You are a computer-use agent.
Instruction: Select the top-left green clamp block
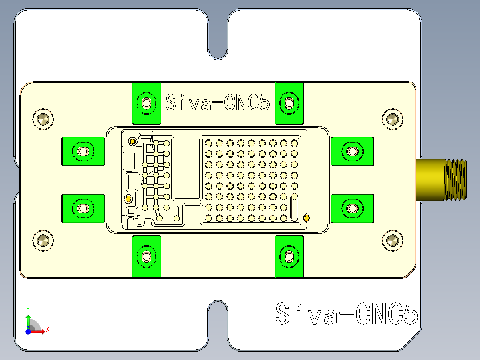(x=146, y=103)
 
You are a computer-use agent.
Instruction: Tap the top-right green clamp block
(x=289, y=103)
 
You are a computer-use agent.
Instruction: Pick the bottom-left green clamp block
(x=146, y=257)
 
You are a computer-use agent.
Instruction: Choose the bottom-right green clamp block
(x=289, y=257)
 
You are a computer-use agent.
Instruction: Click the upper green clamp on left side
(x=83, y=151)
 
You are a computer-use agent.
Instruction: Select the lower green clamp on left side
(x=83, y=208)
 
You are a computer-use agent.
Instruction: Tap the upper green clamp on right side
(x=352, y=151)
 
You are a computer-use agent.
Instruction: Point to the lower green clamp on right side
(x=352, y=208)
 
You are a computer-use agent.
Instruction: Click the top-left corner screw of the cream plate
(x=43, y=119)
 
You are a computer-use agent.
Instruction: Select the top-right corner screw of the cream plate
(x=392, y=119)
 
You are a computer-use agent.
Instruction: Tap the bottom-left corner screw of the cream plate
(x=43, y=241)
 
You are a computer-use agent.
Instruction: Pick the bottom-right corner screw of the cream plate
(x=392, y=241)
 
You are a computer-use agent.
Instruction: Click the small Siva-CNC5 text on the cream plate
(x=217, y=103)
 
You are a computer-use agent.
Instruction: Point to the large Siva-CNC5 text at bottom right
(x=346, y=314)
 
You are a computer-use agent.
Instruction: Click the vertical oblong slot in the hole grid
(x=294, y=207)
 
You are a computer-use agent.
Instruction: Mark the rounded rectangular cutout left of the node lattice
(x=129, y=161)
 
